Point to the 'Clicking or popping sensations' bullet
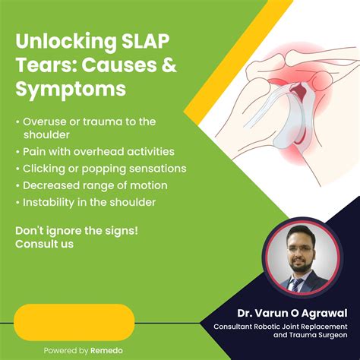(x=104, y=168)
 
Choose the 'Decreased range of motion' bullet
(x=95, y=185)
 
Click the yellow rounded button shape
(x=74, y=321)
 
